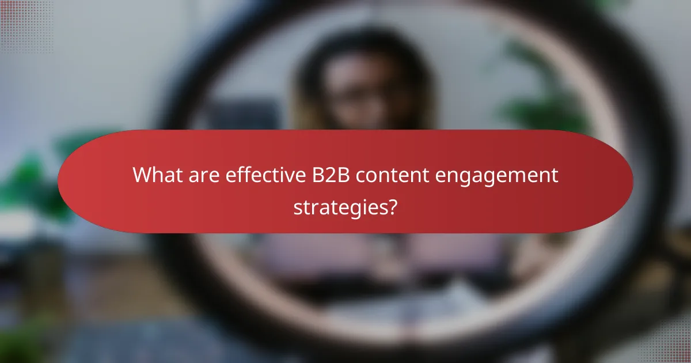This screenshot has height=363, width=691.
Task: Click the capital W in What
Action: coord(142,175)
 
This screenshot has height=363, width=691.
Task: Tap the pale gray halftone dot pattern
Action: coord(668,340)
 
